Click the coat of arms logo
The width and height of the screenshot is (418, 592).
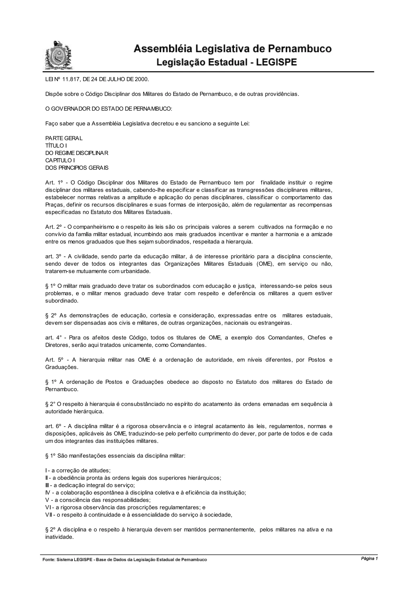[x=58, y=55]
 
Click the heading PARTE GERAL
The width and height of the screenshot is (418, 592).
[x=64, y=138]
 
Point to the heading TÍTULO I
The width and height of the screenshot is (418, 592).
[x=56, y=146]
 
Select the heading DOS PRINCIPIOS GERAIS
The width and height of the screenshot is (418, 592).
[x=77, y=168]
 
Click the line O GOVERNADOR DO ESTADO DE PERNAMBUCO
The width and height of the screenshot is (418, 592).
[x=108, y=108]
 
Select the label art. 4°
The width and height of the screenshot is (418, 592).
[x=54, y=337]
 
